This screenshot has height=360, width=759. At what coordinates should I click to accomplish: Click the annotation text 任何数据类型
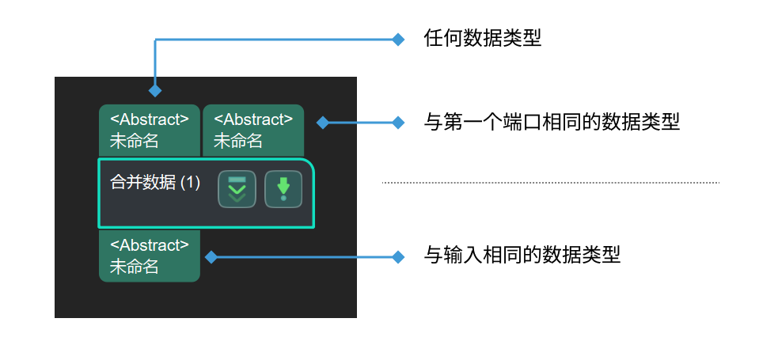483,38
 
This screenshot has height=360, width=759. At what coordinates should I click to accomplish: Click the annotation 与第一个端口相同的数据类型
552,123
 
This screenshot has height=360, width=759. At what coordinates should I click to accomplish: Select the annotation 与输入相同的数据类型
522,256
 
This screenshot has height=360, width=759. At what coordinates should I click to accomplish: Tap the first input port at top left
150,130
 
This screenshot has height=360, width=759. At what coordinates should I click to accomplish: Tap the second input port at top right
253,130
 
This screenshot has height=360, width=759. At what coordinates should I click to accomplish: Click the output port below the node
150,256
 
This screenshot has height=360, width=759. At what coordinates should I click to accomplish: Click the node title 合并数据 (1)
155,182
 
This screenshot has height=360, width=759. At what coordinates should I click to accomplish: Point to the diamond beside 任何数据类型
399,39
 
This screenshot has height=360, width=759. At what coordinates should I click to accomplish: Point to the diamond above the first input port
155,91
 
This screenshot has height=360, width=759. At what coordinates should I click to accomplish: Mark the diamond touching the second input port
322,123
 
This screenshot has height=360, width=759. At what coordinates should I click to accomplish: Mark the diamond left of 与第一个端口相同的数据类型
399,123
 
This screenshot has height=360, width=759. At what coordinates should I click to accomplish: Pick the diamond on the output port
211,256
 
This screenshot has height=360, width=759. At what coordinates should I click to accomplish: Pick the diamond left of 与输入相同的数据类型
399,256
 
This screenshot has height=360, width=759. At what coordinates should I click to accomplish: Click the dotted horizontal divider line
550,183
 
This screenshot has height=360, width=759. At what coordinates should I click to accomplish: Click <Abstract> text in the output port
150,245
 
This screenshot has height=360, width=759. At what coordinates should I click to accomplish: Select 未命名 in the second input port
237,142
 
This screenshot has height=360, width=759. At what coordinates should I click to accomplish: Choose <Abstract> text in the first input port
150,119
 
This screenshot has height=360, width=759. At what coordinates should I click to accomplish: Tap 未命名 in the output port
134,267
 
